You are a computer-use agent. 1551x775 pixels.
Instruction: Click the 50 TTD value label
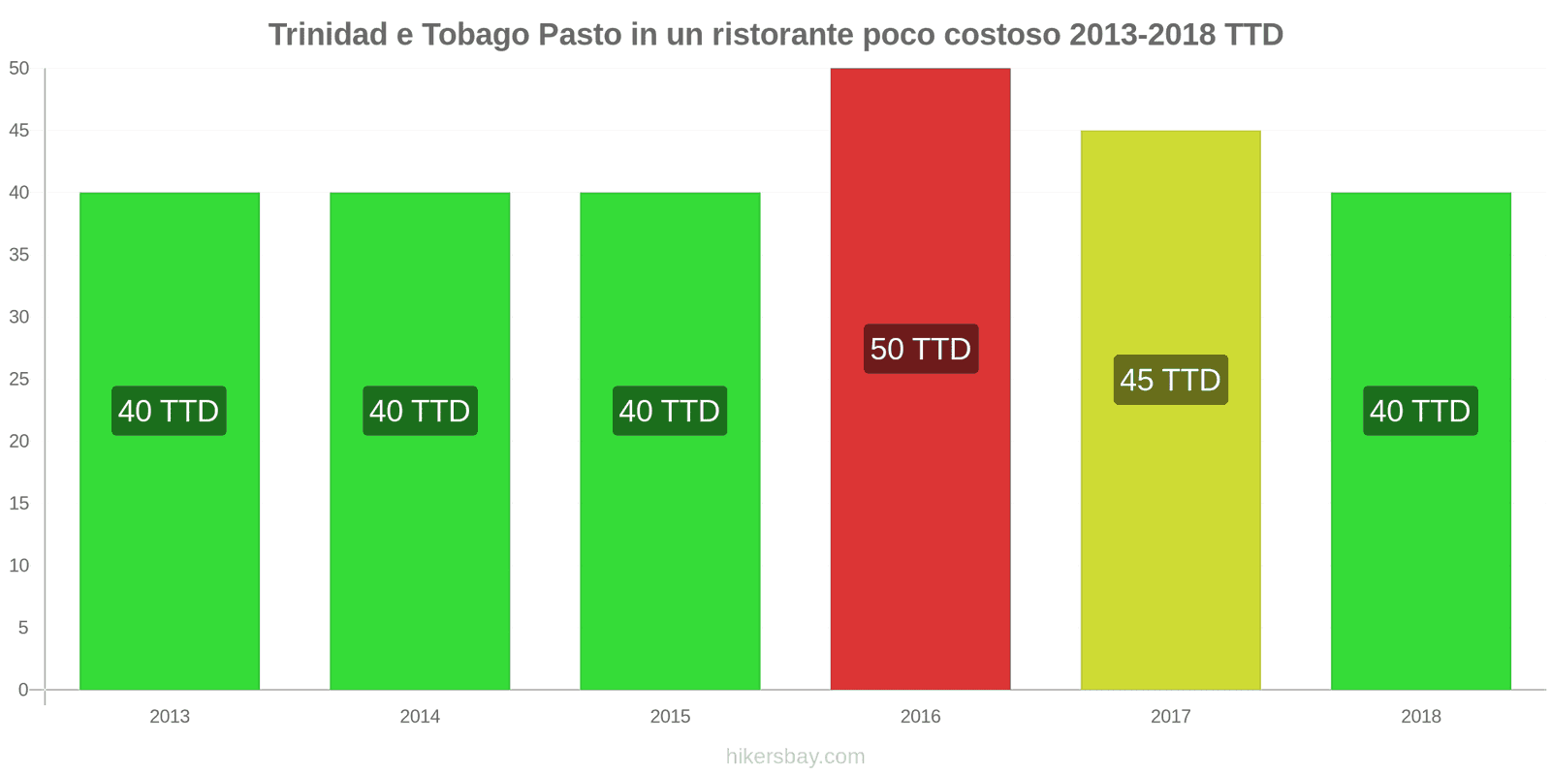[920, 349]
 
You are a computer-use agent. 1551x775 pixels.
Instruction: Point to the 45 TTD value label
[1170, 380]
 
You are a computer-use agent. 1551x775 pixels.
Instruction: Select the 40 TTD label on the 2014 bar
[420, 411]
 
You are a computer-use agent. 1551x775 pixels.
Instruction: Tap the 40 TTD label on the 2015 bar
[670, 411]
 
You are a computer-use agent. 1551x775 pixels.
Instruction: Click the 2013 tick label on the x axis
[170, 717]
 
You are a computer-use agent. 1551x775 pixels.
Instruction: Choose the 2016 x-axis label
[920, 717]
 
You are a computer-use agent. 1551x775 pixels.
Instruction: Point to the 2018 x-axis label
[1420, 717]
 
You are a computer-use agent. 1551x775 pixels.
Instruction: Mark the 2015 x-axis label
[670, 717]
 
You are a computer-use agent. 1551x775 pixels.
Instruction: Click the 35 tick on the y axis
[19, 255]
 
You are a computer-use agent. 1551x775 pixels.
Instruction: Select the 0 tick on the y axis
[23, 690]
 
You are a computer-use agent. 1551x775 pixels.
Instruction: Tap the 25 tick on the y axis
[19, 379]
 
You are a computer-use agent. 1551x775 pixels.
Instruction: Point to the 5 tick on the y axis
[23, 628]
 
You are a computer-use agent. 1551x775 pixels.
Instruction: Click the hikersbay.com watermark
[795, 757]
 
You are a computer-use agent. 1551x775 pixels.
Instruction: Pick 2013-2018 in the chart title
[1142, 35]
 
